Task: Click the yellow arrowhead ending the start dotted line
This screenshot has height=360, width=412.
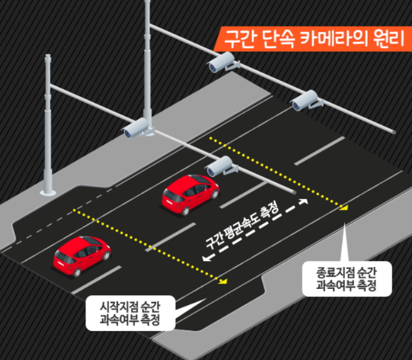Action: (x=223, y=282)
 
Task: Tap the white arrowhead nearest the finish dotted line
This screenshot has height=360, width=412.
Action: (x=303, y=201)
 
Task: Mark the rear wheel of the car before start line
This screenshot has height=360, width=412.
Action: (x=76, y=272)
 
